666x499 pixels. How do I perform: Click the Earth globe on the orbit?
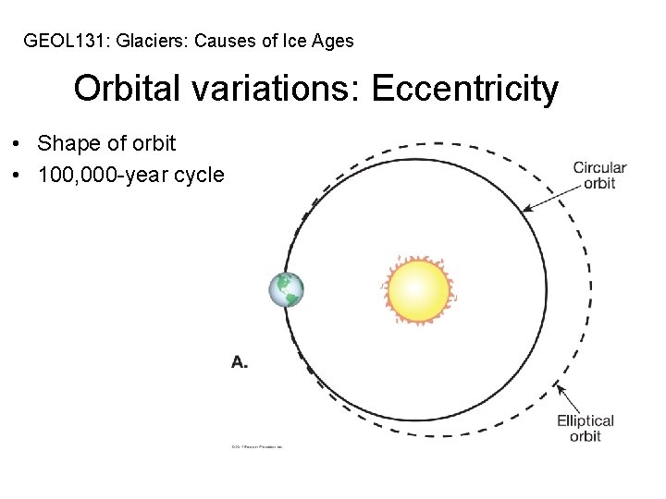click(x=286, y=290)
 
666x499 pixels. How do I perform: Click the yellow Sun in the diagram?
click(x=418, y=291)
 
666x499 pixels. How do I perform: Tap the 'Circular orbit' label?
click(x=599, y=176)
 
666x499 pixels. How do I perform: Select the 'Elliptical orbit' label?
click(x=586, y=429)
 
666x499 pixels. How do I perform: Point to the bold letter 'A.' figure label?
click(x=240, y=362)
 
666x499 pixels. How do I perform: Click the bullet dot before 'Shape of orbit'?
click(x=18, y=145)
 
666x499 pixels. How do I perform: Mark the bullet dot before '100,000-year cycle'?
click(x=18, y=176)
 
